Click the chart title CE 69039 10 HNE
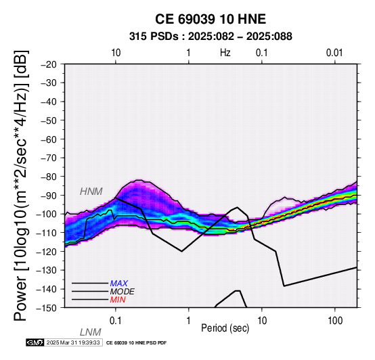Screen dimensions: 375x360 211,19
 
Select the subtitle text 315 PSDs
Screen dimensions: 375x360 154,37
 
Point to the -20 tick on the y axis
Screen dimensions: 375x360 49,64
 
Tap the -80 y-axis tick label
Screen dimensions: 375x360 49,177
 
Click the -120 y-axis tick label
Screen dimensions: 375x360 47,252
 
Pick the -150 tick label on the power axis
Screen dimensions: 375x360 47,308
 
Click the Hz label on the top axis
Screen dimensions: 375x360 225,53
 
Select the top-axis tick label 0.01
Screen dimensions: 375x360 334,53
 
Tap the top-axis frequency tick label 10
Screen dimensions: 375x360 116,53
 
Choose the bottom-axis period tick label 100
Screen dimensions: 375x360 335,321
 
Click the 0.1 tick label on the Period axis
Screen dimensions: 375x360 115,321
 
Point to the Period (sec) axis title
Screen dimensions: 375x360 225,328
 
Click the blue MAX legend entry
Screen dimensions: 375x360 119,284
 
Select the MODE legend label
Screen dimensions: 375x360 123,292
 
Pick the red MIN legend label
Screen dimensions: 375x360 118,300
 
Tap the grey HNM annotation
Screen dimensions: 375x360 91,192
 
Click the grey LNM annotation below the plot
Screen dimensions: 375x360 91,332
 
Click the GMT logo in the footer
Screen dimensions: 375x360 35,342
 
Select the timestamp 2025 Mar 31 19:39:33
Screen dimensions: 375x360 73,342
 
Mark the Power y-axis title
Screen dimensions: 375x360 21,185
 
